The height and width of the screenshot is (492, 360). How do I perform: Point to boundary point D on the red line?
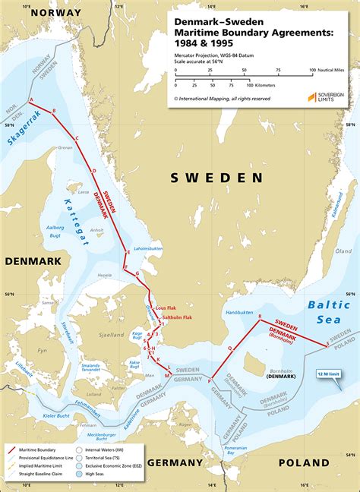pos(93,172)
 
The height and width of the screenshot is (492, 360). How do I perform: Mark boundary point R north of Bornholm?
pos(260,316)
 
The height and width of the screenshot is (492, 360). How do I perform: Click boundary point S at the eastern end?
pos(327,344)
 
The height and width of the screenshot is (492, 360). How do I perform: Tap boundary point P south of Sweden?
pos(210,380)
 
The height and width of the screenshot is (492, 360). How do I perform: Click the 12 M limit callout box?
pos(331,374)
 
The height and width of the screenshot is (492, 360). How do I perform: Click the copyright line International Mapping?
pos(222,99)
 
